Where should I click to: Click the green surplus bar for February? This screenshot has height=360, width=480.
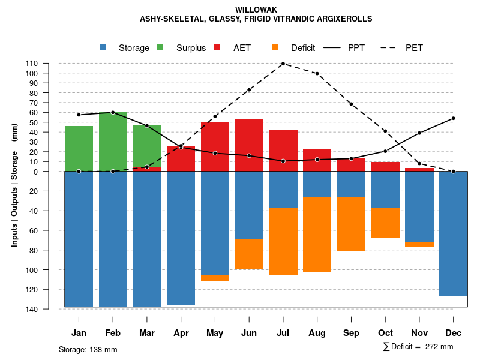tap(113, 142)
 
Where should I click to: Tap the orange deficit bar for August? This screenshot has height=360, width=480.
tap(317, 234)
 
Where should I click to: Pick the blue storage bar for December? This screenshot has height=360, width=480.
tap(453, 233)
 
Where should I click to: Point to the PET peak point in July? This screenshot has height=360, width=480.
tap(283, 63)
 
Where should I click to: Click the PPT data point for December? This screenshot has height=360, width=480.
tap(453, 118)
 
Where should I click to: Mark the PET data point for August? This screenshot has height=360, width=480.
tap(317, 74)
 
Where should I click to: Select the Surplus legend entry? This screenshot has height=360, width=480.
tap(191, 48)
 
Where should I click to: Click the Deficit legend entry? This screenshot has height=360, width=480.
tap(303, 48)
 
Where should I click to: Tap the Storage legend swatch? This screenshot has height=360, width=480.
tap(103, 47)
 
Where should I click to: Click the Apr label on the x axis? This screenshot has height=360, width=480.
tap(181, 333)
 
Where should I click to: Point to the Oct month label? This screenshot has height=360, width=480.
tap(385, 333)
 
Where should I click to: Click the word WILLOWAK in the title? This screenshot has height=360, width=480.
tap(256, 10)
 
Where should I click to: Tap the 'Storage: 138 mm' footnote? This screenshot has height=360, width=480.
tap(88, 349)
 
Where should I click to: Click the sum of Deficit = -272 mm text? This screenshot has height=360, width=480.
tap(418, 347)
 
